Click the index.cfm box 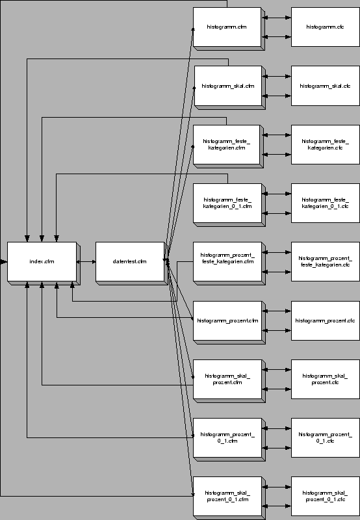tap(42, 262)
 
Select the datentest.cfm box tap(129, 262)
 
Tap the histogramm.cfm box tap(226, 27)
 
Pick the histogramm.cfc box tap(324, 27)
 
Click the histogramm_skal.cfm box tap(227, 86)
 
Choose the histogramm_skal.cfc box tap(324, 86)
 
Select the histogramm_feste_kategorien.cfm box tap(226, 144)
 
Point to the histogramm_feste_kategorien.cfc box tap(324, 144)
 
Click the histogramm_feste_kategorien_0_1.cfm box tap(227, 203)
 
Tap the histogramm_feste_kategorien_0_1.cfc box tap(324, 203)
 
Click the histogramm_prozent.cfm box tap(227, 320)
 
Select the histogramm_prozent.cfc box tap(324, 320)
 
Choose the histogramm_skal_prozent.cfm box tap(227, 379)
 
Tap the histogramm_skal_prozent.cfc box tap(324, 379)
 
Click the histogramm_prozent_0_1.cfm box tap(227, 437)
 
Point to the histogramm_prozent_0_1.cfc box tap(324, 437)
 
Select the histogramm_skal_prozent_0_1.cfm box tap(227, 496)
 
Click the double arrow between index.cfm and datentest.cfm tap(86, 262)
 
